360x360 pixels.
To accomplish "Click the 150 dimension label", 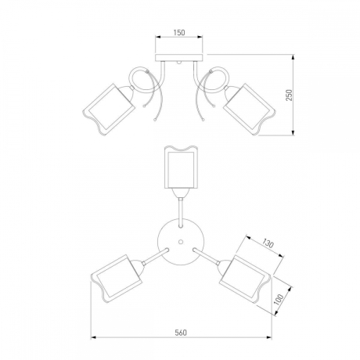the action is coord(179,33).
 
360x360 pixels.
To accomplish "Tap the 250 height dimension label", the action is coord(290,95).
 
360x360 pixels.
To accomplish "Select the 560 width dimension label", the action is coord(181,333).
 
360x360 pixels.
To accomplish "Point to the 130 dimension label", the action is coord(268,243).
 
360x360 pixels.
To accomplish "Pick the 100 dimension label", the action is coord(279,300).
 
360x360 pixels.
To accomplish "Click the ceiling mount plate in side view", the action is coord(179,58).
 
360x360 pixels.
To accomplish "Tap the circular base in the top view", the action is coord(180,242).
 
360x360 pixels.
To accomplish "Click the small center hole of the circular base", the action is coord(180,242).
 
